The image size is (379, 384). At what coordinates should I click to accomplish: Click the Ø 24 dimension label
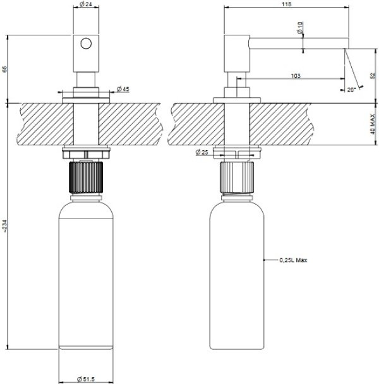86,4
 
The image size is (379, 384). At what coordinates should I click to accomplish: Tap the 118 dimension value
286,4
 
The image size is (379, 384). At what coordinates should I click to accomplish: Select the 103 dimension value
296,76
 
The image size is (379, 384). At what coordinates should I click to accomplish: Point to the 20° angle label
351,90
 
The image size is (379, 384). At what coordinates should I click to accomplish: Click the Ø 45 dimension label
123,89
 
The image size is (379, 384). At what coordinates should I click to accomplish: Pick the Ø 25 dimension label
202,152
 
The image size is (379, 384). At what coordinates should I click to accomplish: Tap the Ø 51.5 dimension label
86,379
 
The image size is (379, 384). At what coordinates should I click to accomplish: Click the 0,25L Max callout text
293,260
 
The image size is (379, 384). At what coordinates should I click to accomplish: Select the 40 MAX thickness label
373,124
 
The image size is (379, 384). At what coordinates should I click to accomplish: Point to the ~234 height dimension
5,225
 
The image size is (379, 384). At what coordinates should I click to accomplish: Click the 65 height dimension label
4,69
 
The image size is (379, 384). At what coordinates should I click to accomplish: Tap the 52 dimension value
373,76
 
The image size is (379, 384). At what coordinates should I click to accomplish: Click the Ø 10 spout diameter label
300,28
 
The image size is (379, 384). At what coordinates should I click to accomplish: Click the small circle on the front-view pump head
86,44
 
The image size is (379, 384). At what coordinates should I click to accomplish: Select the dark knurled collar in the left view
86,177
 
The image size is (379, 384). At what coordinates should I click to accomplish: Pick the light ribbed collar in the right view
237,177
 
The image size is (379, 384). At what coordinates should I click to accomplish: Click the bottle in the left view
86,274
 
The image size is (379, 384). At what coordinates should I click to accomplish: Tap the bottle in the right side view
237,274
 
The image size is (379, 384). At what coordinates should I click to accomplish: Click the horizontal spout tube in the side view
299,44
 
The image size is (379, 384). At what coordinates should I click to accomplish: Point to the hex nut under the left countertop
86,154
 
